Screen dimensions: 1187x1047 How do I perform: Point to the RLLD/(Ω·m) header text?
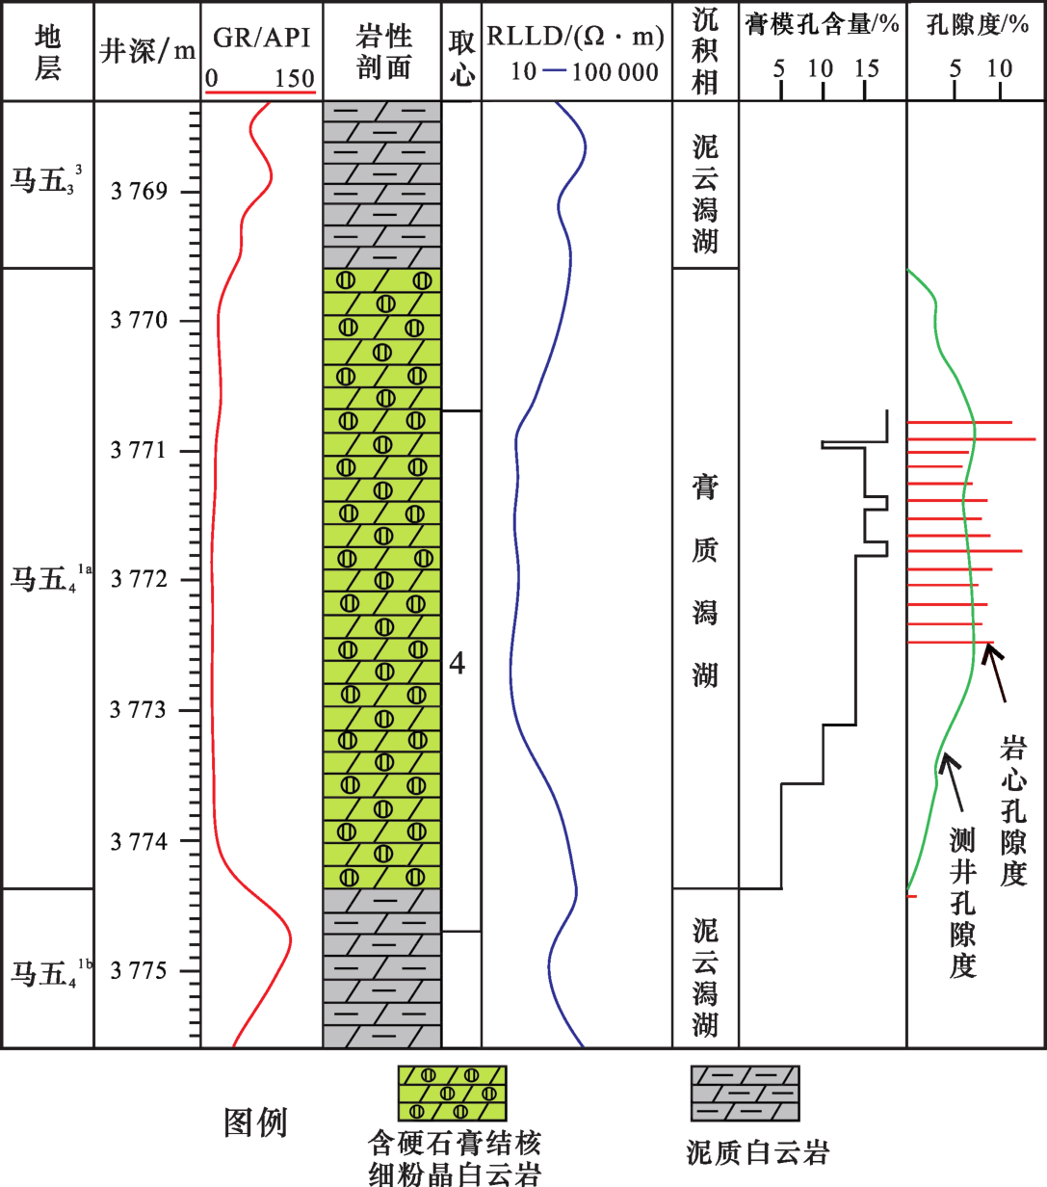coord(576,37)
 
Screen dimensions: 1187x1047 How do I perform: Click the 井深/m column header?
coord(147,51)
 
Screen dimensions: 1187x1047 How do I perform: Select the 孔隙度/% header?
coord(977,25)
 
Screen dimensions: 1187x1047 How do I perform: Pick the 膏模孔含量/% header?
coord(823,25)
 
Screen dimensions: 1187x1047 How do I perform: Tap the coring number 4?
coord(458,664)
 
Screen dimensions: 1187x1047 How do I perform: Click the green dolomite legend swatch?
coord(453,1094)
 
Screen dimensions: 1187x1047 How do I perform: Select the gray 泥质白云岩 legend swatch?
coord(745,1094)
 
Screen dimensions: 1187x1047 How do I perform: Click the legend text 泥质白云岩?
coord(758,1150)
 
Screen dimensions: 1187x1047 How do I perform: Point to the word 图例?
coord(255,1121)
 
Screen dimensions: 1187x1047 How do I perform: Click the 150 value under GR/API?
coord(294,78)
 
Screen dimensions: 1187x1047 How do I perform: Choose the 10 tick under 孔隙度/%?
coord(999,68)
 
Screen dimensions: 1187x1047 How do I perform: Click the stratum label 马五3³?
coord(46,180)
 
